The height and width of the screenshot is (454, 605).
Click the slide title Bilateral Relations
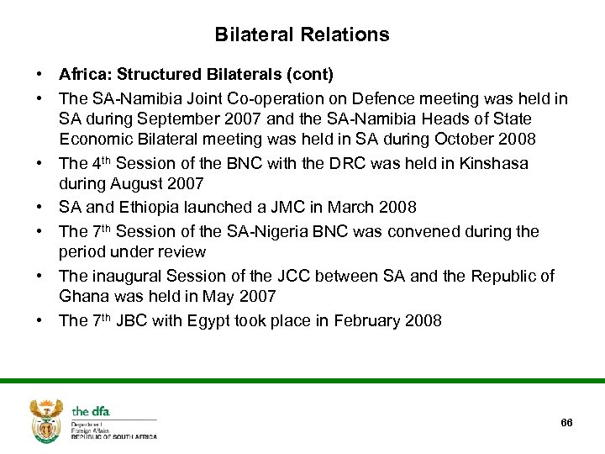click(x=302, y=34)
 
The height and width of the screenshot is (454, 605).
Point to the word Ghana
click(x=84, y=296)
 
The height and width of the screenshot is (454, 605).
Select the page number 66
click(x=566, y=422)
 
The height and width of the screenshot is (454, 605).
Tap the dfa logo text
click(x=91, y=411)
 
